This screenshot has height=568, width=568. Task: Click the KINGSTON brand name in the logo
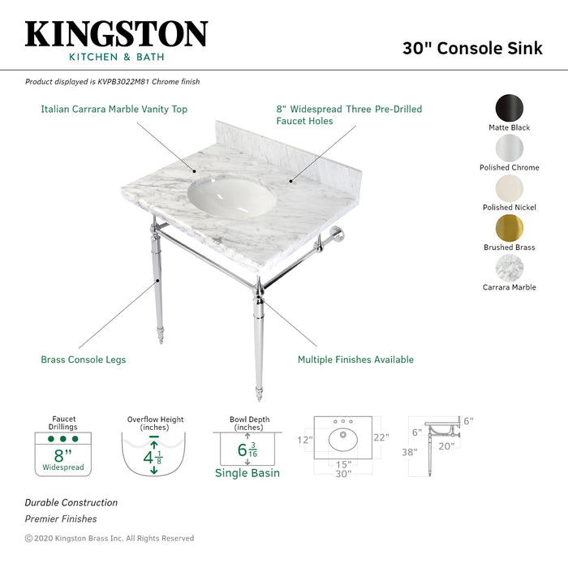[x=116, y=33]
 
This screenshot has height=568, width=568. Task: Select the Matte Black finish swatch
[x=509, y=109]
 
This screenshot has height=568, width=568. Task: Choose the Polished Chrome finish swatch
[x=509, y=148]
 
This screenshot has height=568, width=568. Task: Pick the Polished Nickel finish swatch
[x=509, y=188]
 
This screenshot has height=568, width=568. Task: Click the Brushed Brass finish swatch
[x=509, y=228]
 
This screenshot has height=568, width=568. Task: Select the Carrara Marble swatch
[x=509, y=268]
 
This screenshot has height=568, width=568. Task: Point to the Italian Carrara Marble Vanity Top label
[x=114, y=110]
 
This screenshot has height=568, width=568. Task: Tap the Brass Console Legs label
[x=84, y=359]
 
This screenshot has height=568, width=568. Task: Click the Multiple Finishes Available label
[x=355, y=359]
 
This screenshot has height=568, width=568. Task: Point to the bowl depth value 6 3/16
[x=248, y=449]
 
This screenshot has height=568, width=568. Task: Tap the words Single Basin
[x=247, y=473]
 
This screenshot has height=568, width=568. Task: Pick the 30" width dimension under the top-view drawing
[x=344, y=473]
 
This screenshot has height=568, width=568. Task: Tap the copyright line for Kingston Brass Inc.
[x=110, y=538]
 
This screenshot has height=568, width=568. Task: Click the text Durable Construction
[x=71, y=503]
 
